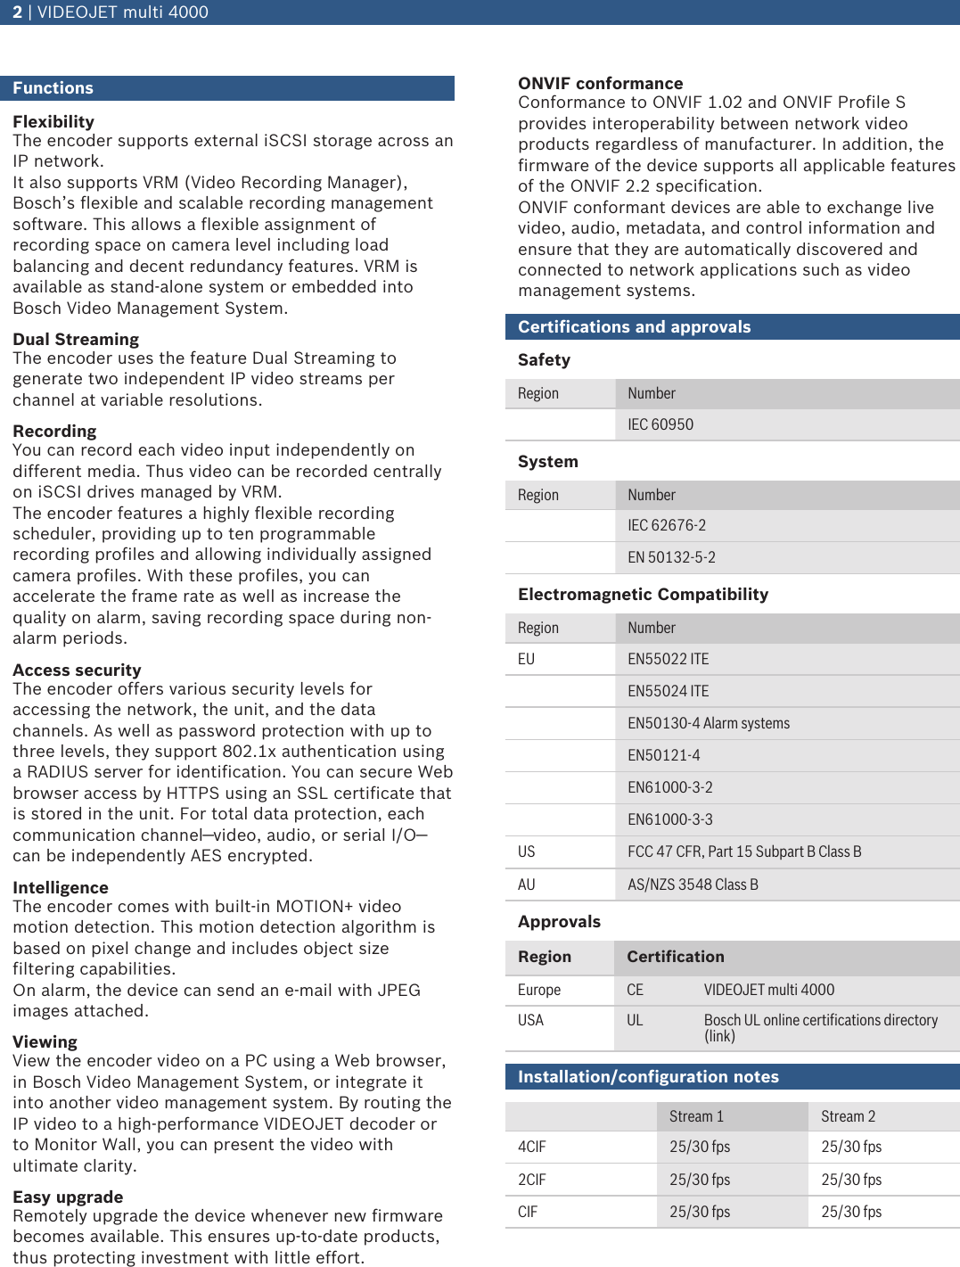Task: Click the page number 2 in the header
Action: (17, 12)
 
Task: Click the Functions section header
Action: (53, 88)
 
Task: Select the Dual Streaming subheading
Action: (76, 340)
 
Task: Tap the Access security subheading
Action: (77, 671)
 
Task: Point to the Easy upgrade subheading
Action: (68, 1197)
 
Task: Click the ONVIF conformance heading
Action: (600, 84)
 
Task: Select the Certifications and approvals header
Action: (634, 327)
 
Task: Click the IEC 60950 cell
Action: (660, 425)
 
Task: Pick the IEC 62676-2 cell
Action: (666, 526)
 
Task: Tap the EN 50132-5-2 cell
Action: (670, 558)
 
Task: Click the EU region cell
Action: (526, 660)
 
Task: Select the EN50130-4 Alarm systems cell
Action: (708, 724)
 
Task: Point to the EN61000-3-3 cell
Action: (669, 820)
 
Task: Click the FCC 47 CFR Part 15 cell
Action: (743, 852)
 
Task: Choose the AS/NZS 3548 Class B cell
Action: (692, 885)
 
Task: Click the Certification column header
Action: (675, 957)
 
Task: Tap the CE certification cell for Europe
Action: (635, 991)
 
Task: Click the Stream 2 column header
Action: (848, 1117)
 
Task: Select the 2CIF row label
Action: (531, 1181)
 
